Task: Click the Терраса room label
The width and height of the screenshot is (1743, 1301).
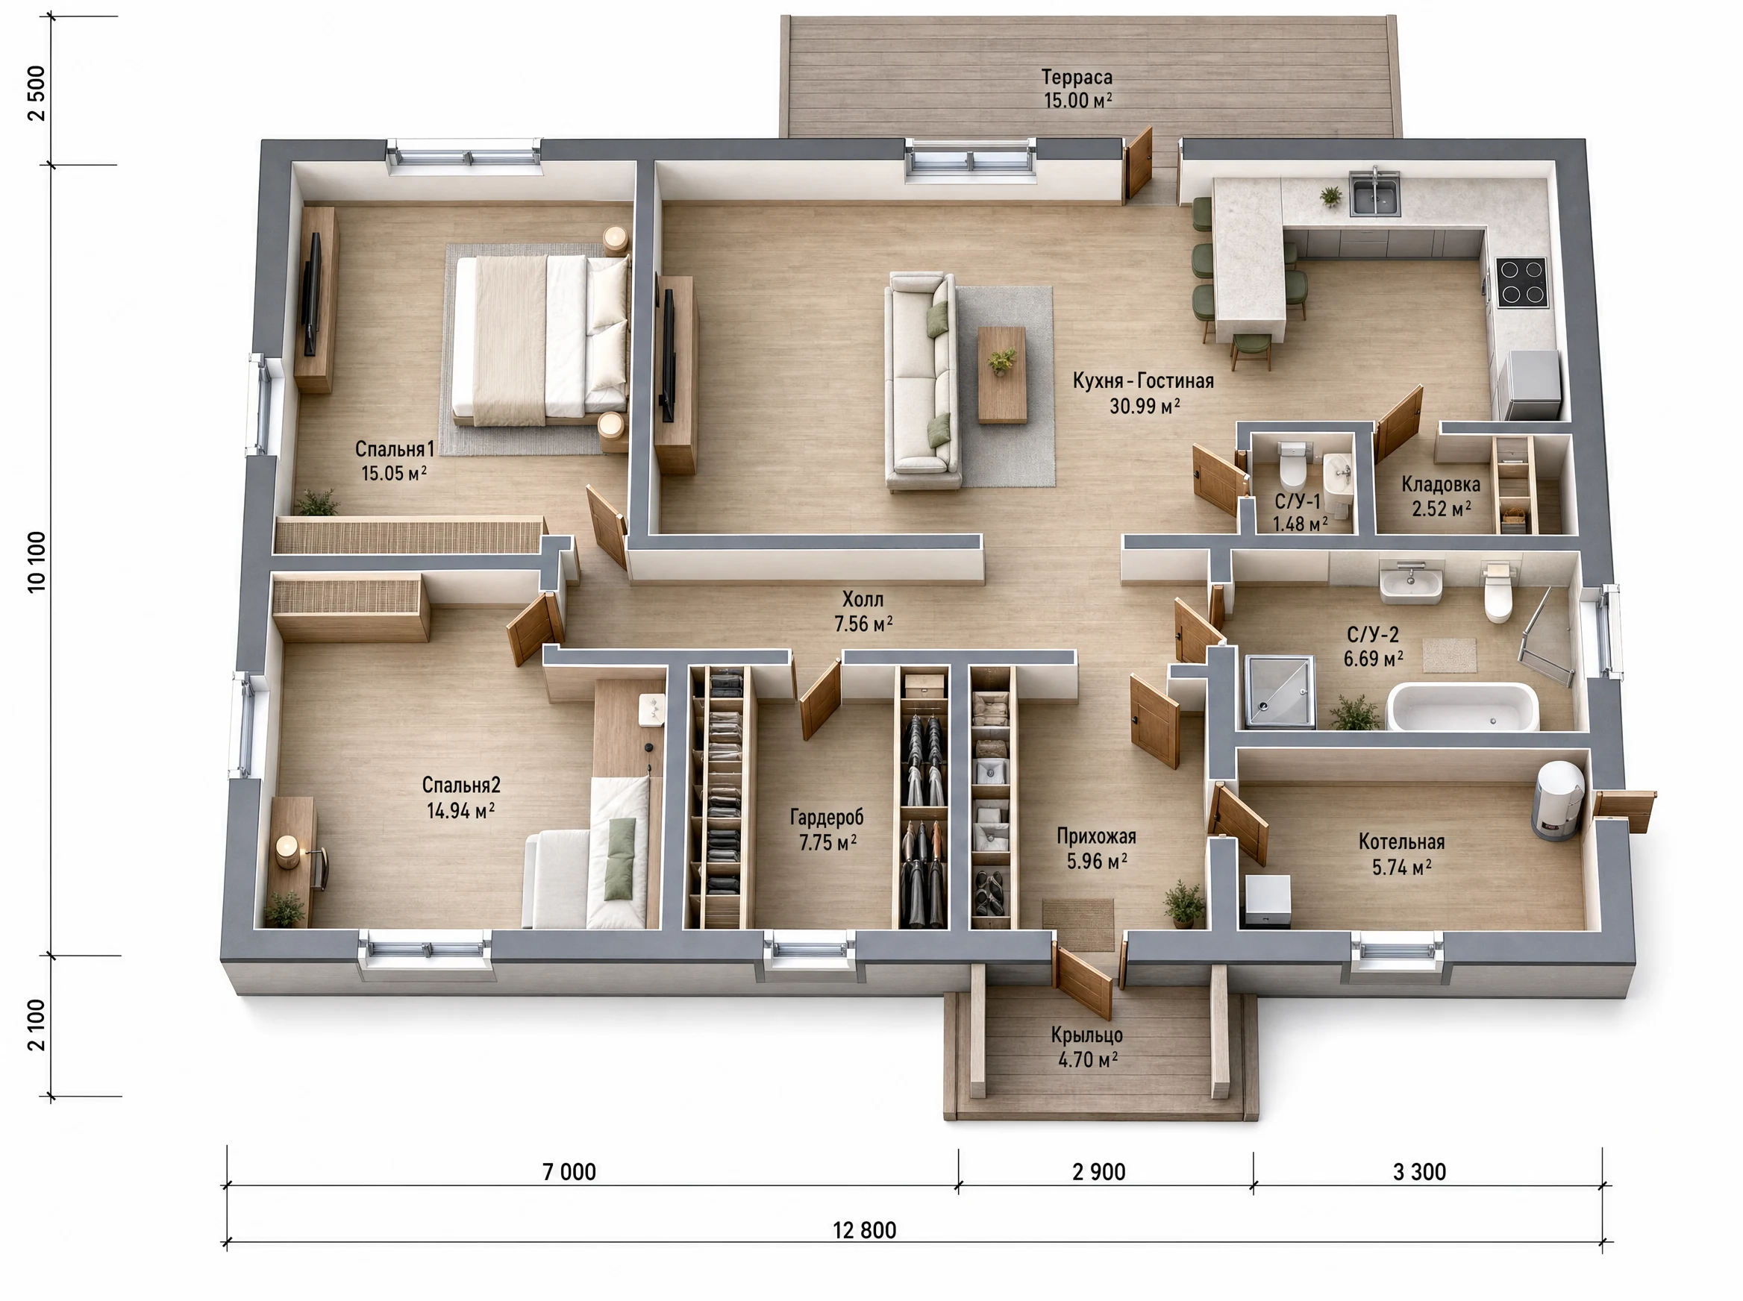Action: (1077, 77)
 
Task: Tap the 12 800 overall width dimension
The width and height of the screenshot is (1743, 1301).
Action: (864, 1230)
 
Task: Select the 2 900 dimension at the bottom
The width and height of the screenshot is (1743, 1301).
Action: (1099, 1172)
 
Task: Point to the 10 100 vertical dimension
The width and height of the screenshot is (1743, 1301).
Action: (37, 562)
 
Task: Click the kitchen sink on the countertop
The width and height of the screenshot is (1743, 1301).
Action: (1375, 193)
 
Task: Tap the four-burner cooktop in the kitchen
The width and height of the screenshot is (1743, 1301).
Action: (1521, 283)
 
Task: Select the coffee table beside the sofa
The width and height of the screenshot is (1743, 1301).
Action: (1002, 375)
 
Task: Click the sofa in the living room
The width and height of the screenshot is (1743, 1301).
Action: (921, 381)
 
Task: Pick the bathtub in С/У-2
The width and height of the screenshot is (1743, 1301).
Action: (1462, 708)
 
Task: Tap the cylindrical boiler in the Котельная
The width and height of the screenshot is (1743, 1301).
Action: (1558, 800)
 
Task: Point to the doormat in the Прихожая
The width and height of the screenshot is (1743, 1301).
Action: (1077, 914)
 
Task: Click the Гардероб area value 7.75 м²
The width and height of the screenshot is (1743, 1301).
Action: (827, 843)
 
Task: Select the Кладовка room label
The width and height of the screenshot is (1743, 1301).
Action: (1441, 484)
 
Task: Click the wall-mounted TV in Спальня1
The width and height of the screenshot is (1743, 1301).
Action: (313, 294)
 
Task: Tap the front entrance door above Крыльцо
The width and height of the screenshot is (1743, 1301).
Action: (1083, 981)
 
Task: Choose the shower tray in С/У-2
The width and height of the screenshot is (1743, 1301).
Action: (1279, 692)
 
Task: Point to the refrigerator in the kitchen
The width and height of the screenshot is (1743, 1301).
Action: (1530, 385)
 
